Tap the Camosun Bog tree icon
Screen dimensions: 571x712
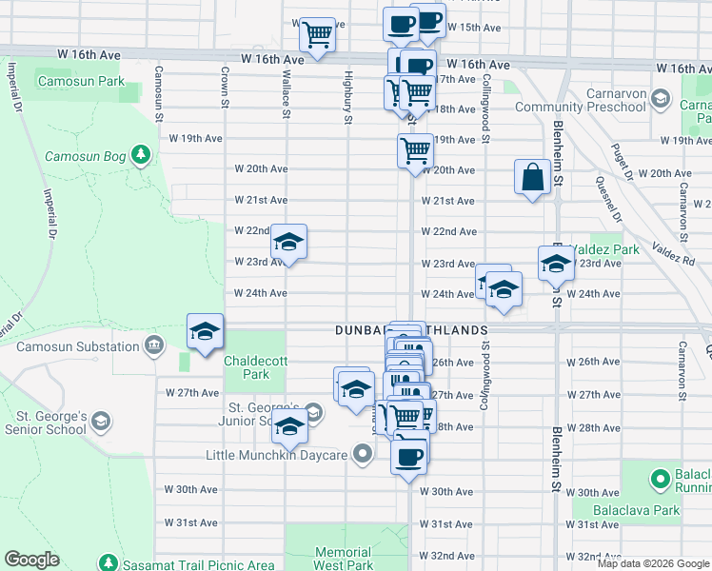pos(142,154)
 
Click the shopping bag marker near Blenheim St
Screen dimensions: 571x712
pos(532,177)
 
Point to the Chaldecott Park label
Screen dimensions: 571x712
pos(247,367)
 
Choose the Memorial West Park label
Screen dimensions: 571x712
pos(343,559)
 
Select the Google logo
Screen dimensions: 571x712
pos(31,560)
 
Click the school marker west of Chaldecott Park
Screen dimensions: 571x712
pos(205,332)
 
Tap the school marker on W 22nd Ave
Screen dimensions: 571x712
pos(288,243)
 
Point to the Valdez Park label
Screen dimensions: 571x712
pos(614,249)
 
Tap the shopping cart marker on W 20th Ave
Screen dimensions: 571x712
pos(415,151)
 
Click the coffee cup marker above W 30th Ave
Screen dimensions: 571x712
pos(409,457)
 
